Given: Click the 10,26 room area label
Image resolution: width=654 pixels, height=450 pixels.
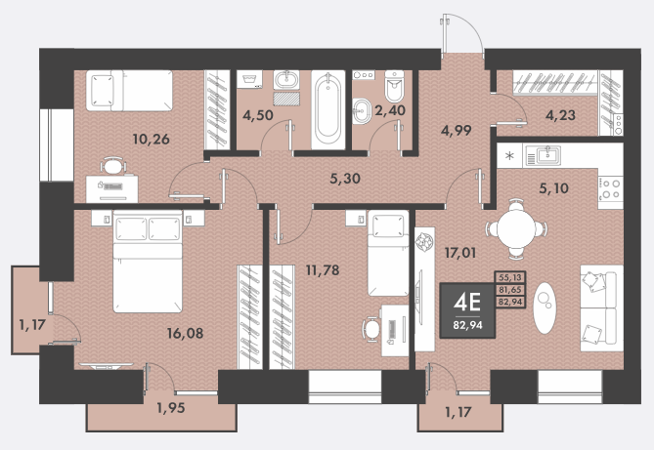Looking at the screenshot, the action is coord(151,140).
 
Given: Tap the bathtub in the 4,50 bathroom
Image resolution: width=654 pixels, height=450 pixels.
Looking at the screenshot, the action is coord(328,109).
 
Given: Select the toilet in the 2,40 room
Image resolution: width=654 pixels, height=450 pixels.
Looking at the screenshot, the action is coord(394,86).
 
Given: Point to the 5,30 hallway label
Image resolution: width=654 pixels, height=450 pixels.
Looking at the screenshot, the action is coord(345,179).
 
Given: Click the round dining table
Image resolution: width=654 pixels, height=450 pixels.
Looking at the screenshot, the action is coord(516,228).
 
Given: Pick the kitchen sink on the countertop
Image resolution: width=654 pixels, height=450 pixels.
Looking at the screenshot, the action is coord(544,156).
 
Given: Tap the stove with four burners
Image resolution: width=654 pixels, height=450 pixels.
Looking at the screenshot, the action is coord(611,188).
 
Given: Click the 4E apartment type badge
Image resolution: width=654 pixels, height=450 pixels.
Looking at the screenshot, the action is coord(467,310).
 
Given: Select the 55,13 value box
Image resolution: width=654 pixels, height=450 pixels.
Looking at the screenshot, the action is coord(510,277).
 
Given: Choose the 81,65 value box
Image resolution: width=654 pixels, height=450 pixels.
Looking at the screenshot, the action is coord(510,289).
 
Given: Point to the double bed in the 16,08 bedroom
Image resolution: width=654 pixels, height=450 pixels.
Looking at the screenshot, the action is coord(148,261).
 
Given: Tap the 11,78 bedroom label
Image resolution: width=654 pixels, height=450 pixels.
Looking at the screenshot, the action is coord(323,270).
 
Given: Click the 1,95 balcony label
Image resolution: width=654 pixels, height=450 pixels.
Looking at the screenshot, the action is coord(171,407).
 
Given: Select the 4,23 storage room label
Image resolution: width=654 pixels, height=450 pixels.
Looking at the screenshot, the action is coord(560,115).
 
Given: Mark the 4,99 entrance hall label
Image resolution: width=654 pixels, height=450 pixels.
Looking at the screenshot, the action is coord(457,131).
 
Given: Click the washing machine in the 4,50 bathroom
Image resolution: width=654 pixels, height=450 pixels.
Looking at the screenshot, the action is coord(249,79).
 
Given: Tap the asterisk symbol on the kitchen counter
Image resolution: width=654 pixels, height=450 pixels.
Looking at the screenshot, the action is coord(509,156).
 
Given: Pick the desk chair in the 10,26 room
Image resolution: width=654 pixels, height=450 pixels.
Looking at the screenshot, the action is coord(113,165).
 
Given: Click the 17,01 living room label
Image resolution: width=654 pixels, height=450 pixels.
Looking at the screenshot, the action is coord(460,253).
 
